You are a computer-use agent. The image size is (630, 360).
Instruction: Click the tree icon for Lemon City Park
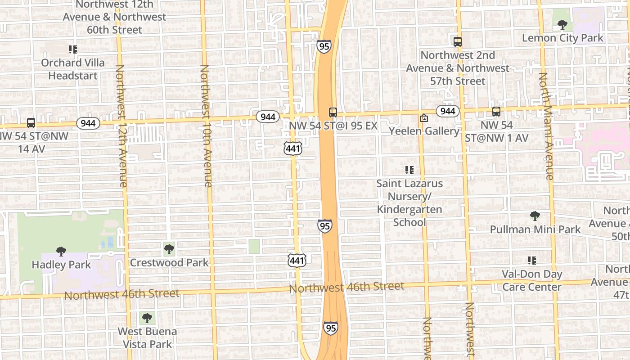click(x=562, y=24)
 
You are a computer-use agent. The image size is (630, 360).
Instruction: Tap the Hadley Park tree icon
click(x=61, y=252)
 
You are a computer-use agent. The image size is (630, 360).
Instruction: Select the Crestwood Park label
click(x=169, y=262)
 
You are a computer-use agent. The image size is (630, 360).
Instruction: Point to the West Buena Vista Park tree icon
click(x=146, y=319)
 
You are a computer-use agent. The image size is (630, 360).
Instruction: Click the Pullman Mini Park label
click(x=535, y=229)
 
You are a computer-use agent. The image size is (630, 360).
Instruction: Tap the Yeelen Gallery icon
click(x=423, y=118)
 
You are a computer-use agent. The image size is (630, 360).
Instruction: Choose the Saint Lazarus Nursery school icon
click(x=409, y=170)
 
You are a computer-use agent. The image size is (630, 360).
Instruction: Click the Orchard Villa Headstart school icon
click(x=72, y=49)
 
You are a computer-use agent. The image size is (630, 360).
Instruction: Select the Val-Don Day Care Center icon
click(x=532, y=261)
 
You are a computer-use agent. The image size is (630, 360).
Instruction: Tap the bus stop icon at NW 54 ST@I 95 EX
click(x=333, y=112)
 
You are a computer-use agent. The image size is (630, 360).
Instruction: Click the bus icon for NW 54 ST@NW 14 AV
click(x=31, y=122)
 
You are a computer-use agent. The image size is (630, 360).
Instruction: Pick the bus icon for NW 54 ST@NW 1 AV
click(x=496, y=112)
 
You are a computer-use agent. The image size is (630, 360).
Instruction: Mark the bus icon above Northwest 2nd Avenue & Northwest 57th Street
click(x=458, y=42)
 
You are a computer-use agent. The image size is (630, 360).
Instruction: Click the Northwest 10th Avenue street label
click(x=206, y=126)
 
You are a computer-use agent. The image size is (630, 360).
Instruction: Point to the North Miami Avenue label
click(x=545, y=126)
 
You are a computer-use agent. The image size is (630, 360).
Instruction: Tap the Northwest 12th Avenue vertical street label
click(x=121, y=126)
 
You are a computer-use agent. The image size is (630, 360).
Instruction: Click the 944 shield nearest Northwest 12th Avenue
click(x=88, y=123)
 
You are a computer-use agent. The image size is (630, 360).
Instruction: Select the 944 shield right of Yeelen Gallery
click(x=447, y=111)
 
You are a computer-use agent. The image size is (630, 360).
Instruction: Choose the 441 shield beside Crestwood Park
click(x=297, y=260)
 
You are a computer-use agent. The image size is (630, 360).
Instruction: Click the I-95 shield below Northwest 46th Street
click(x=330, y=328)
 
